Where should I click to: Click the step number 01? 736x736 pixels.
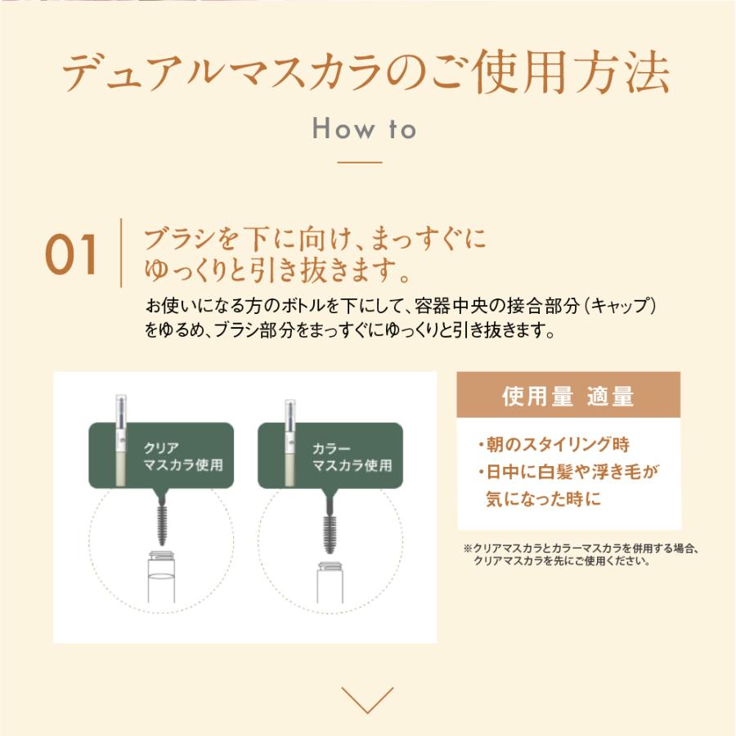pyautogui.click(x=71, y=254)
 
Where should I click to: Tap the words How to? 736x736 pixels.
pyautogui.click(x=364, y=128)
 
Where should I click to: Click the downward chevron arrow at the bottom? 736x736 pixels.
pyautogui.click(x=367, y=700)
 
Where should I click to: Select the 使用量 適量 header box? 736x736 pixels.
pyautogui.click(x=568, y=395)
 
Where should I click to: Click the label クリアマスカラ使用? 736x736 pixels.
pyautogui.click(x=182, y=456)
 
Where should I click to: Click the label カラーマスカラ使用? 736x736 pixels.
pyautogui.click(x=352, y=456)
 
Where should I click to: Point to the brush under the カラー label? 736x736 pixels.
pyautogui.click(x=330, y=527)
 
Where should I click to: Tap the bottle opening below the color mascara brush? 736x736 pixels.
pyautogui.click(x=330, y=567)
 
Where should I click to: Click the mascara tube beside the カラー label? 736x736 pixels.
pyautogui.click(x=290, y=442)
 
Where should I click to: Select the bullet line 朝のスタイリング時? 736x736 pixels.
pyautogui.click(x=554, y=444)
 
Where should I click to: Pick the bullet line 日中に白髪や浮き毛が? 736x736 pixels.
pyautogui.click(x=568, y=472)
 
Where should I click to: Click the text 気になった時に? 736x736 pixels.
pyautogui.click(x=543, y=499)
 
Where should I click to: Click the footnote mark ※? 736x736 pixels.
pyautogui.click(x=468, y=548)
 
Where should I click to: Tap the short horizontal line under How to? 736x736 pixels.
pyautogui.click(x=360, y=163)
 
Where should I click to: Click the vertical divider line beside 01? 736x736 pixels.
pyautogui.click(x=121, y=253)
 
